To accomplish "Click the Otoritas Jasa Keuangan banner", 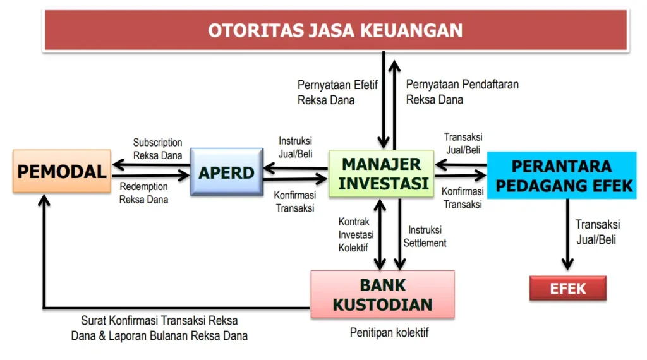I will pos(335,30).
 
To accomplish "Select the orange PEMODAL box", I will pos(62,171).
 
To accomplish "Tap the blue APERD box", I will pos(227,172).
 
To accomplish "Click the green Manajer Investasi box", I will pos(381,174).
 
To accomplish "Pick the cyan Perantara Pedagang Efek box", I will pos(562,176).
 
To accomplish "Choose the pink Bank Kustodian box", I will pos(382,294).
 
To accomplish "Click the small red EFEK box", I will pos(568,289).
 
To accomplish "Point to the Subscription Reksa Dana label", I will pos(157,149).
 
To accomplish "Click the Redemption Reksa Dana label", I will pos(144,193).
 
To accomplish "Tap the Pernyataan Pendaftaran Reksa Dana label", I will pos(462,92).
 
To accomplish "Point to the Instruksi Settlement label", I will pos(425,236).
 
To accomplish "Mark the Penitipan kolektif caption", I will pos(389,332).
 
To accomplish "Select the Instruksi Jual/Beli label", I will pos(295,147).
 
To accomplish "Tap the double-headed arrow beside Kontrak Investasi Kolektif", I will pos(380,234).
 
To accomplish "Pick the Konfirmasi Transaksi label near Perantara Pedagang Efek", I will pos(463,198).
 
